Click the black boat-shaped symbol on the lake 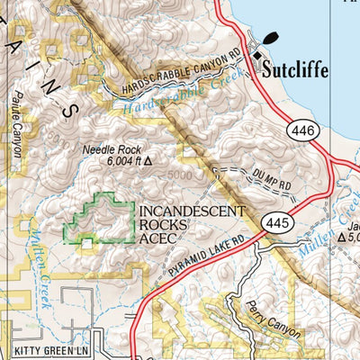tap(270, 39)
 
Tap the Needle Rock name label tap(107, 149)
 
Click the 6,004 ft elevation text tap(117, 162)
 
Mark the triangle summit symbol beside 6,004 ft tap(148, 163)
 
